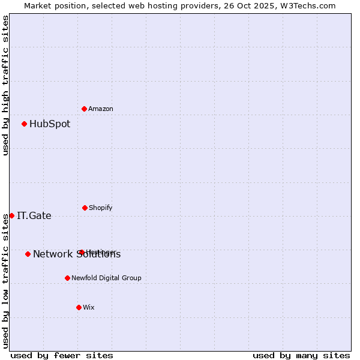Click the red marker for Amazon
tap(85, 109)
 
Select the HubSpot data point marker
tap(25, 124)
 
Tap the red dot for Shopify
tap(85, 208)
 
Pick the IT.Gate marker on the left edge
tap(12, 215)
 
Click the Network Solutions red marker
tap(28, 254)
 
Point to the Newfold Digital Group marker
tap(67, 278)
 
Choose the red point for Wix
tap(79, 307)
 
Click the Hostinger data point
tap(82, 252)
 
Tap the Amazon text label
tap(101, 109)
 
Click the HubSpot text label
tap(50, 124)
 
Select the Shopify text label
tap(101, 208)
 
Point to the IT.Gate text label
tap(34, 216)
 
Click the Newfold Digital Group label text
tap(106, 278)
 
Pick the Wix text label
tap(89, 308)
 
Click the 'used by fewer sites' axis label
tap(62, 356)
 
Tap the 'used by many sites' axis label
tap(301, 356)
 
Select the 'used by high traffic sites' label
tap(5, 85)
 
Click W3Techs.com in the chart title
tap(307, 5)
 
